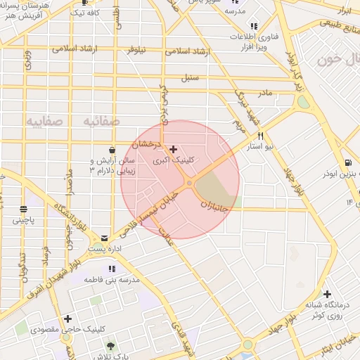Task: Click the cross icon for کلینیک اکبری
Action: coord(174,149)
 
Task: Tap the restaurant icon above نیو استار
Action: coord(260,136)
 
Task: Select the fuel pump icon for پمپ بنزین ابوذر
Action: coord(347,164)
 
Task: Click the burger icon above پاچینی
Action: coord(24,209)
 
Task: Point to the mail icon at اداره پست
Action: coord(105,238)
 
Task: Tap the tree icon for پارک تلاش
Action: coord(110,345)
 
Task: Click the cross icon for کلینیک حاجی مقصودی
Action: coord(67,319)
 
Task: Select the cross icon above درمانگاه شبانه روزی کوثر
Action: coord(327,294)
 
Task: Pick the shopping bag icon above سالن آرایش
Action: coord(113,150)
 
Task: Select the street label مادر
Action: coord(264,92)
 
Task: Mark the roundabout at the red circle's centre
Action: coord(189,183)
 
